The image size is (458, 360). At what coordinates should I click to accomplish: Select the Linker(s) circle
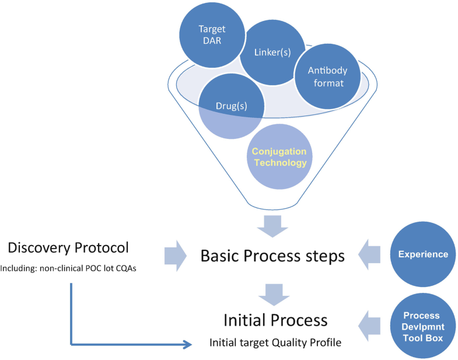272,53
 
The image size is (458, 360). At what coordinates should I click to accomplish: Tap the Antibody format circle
327,76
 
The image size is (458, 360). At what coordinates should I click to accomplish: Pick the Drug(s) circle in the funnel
232,107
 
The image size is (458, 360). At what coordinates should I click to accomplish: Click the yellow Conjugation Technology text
279,157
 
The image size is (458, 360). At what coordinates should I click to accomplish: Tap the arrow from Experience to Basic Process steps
371,255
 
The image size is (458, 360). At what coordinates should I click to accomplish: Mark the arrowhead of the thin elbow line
188,345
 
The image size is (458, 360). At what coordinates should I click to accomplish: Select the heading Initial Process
275,320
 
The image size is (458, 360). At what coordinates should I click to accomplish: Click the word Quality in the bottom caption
292,342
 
